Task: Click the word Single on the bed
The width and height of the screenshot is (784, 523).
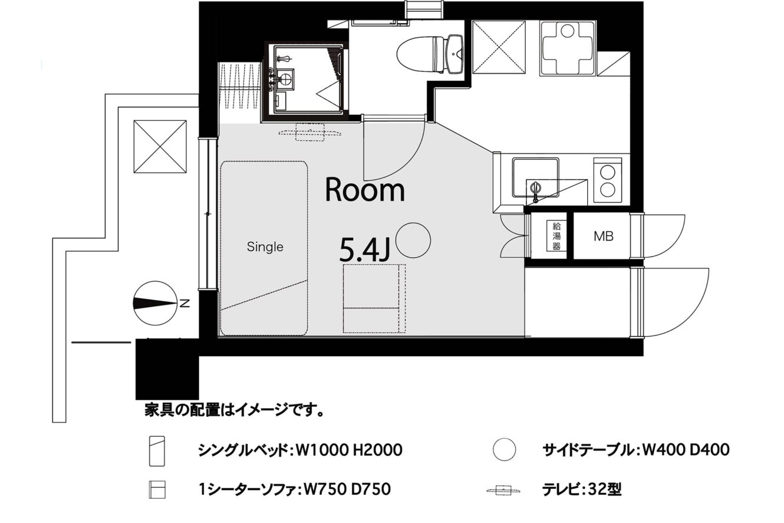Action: [265, 247]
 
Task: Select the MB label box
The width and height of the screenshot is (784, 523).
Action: [604, 236]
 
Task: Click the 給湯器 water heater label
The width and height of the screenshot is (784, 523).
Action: [556, 236]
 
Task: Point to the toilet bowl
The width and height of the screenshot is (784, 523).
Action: [416, 55]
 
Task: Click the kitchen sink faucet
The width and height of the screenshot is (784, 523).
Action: [535, 192]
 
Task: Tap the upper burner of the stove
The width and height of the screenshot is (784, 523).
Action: [607, 172]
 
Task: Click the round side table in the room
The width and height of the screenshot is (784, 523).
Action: [413, 241]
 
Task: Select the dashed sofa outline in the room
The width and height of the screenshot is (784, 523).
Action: [374, 298]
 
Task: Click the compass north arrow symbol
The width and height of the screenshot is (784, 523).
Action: [155, 303]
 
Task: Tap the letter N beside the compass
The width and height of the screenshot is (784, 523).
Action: [185, 303]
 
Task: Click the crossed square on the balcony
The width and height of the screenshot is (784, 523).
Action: [160, 146]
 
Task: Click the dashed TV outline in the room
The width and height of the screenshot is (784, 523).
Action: [309, 132]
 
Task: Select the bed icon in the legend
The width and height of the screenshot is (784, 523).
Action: [157, 451]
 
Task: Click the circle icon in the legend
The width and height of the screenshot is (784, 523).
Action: [505, 449]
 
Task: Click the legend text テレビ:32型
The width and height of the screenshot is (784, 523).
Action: [582, 489]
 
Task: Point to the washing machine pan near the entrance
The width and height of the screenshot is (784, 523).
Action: [567, 48]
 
